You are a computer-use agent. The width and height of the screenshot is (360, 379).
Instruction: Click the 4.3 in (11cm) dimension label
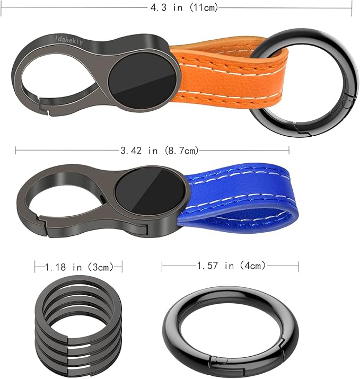(x=182, y=8)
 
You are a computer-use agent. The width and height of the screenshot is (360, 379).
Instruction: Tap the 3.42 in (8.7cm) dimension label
(x=159, y=151)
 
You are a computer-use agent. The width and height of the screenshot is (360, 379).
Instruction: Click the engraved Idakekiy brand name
(x=72, y=39)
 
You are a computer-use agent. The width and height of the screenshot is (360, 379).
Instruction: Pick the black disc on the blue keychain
(x=150, y=191)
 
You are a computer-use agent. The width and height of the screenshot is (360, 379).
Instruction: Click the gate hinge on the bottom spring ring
(x=218, y=363)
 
